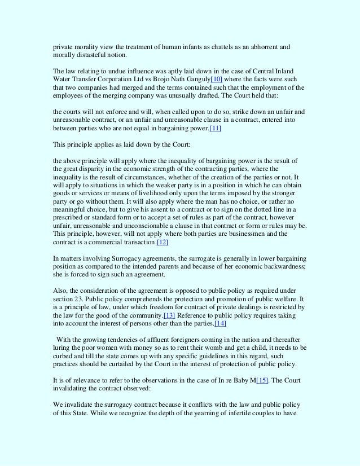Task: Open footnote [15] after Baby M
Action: [x=262, y=381]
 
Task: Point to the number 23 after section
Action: [x=78, y=298]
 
